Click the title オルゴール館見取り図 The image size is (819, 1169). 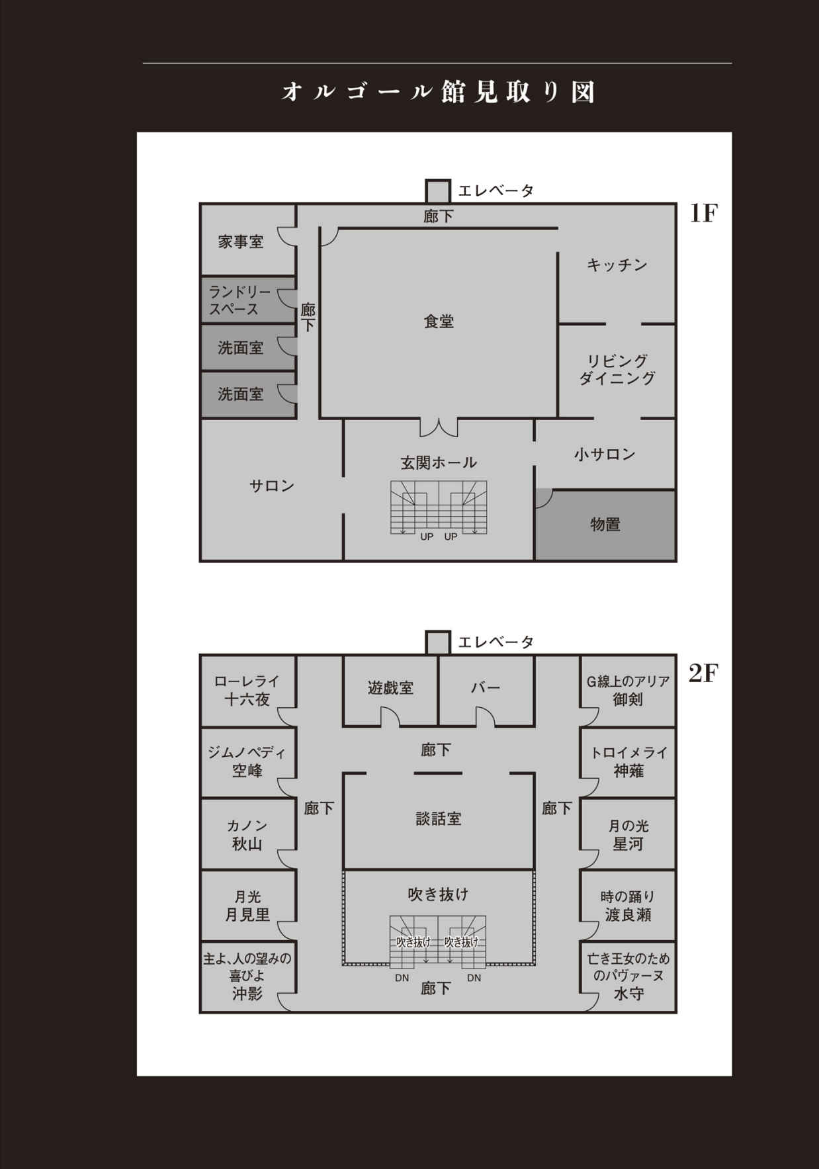(x=438, y=92)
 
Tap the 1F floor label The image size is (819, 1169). (x=703, y=213)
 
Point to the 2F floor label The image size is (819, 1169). (x=703, y=673)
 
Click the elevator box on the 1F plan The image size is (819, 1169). (x=438, y=191)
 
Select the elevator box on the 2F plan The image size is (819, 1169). (x=438, y=642)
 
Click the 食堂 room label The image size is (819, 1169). (x=439, y=322)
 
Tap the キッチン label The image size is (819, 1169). (x=617, y=265)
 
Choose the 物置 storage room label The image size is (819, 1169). (x=605, y=525)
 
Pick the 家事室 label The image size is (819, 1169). (x=241, y=242)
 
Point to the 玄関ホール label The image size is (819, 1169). (x=439, y=462)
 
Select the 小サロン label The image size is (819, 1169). (x=605, y=454)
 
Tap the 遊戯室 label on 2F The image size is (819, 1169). (x=390, y=688)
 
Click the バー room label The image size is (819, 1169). (x=486, y=688)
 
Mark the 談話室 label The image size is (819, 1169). (x=439, y=818)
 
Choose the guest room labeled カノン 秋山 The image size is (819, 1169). (x=247, y=835)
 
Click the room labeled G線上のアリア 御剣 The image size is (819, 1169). (x=628, y=690)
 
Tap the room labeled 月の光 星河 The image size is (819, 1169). (x=628, y=835)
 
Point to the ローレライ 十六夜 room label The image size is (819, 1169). (x=247, y=690)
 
